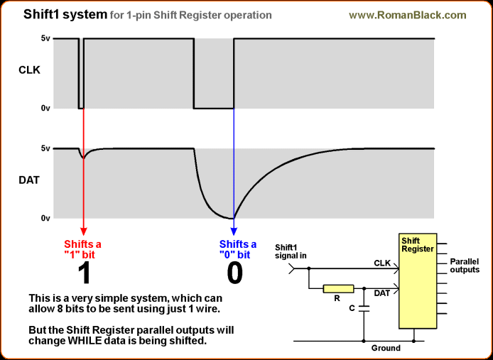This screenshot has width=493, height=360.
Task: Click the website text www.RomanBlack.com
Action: point(408,14)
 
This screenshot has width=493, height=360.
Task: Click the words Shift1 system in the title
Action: point(65,14)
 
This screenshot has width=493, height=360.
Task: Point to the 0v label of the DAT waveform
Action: point(45,218)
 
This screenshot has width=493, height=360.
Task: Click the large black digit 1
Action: point(84,273)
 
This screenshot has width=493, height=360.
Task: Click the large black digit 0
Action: point(234,273)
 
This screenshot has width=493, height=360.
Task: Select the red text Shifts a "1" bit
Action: point(84,249)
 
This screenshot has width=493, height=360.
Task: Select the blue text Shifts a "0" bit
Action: point(234,249)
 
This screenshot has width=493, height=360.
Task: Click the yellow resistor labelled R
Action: point(338,289)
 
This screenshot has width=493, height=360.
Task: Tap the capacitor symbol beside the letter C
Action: point(364,309)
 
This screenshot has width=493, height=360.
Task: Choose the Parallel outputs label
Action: point(465,266)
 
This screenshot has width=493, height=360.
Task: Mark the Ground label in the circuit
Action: point(386,348)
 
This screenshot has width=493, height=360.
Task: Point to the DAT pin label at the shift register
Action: point(381,293)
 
